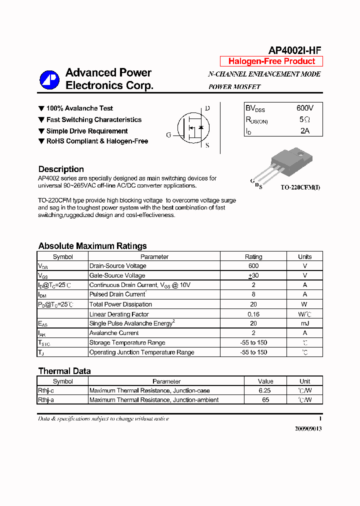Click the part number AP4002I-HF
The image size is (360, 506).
pos(294,50)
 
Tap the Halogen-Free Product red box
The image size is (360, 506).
pos(271,61)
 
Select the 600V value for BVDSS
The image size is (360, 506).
pos(304,108)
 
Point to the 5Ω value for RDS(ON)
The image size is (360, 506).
pos(304,119)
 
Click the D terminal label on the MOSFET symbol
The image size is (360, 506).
pos(207,108)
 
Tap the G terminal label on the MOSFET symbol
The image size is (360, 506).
pos(169,135)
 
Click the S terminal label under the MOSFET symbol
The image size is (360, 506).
pos(207,146)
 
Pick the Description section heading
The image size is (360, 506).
pos(61,169)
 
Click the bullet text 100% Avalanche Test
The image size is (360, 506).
pos(79,108)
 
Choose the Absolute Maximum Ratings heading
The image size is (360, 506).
pos(92,246)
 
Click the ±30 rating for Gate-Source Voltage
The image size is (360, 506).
pos(253,275)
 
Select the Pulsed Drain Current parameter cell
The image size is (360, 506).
pos(118,294)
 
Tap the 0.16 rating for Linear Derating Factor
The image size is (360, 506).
pos(253,314)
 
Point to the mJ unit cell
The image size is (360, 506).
pos(304,323)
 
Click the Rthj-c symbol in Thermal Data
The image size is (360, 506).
pos(46,390)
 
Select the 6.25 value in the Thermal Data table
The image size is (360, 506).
pos(265,390)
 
